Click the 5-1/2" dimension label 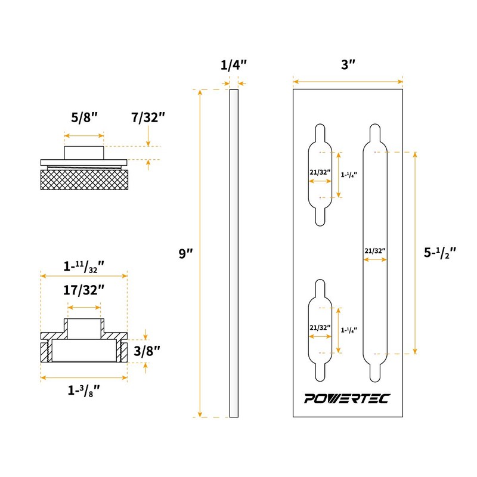439,252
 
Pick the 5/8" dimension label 83,117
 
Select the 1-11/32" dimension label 84,266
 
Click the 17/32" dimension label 84,290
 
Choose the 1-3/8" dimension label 83,391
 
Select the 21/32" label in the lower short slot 320,327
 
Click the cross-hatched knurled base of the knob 83,179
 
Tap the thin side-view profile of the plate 233,253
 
